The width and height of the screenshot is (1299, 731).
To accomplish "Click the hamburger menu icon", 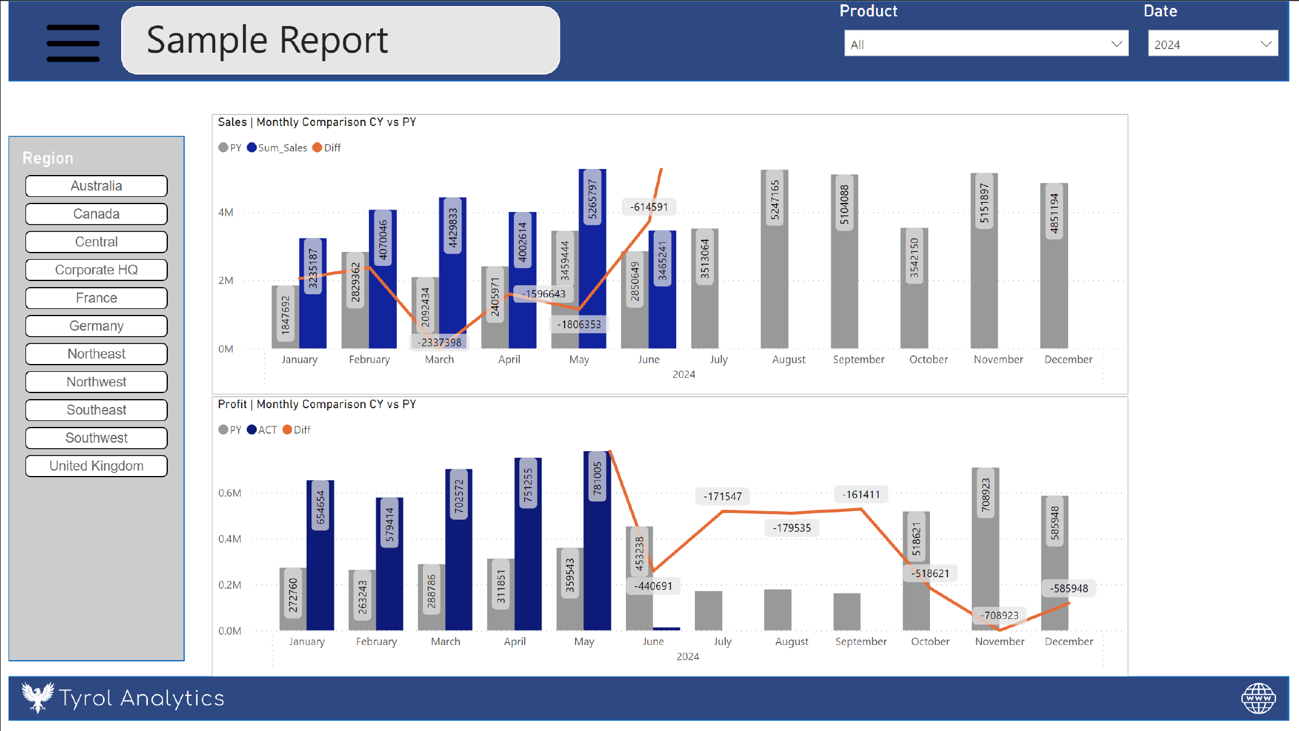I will coord(73,43).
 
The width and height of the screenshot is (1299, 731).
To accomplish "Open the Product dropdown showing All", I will coord(986,44).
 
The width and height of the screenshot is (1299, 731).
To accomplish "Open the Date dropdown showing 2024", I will coord(1212,44).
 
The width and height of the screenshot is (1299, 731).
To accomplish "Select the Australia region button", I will coord(96,186).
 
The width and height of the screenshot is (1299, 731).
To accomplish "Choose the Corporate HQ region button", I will coord(96,270).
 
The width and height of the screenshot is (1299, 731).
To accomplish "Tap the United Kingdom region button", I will coord(96,466).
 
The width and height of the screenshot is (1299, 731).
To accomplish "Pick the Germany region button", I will coord(96,326).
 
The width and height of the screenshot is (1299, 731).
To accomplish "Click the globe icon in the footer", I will coord(1258,698).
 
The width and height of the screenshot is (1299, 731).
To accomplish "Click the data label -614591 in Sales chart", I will coord(649,207).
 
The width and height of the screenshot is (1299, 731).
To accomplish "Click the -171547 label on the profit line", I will coord(722,497).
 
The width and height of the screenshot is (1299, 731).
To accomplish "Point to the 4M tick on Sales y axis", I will coord(225,213).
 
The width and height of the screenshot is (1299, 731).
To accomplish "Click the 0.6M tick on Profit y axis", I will coord(230,493).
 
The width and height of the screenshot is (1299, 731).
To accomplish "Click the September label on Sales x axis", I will coord(859,360).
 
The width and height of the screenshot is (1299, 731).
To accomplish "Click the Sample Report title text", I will coord(267,41).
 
